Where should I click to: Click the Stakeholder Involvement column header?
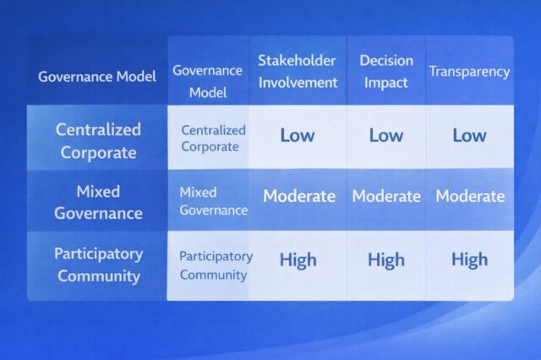297,72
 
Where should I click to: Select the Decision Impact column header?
385,72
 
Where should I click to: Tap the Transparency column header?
469,72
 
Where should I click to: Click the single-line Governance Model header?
97,77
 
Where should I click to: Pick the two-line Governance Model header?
207,82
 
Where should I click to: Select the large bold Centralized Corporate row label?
97,140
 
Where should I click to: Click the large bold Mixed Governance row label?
97,202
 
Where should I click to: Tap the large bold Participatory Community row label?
98,264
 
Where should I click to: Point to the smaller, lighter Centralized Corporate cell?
213,138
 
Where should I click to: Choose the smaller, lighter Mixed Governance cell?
213,201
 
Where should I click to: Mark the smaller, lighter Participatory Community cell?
216,265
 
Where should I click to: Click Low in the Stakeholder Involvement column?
297,135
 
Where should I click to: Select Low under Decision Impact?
385,135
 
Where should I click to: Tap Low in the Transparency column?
469,135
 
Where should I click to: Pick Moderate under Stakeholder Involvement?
299,196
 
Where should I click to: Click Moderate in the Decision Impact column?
385,196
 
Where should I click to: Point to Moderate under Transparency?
470,196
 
